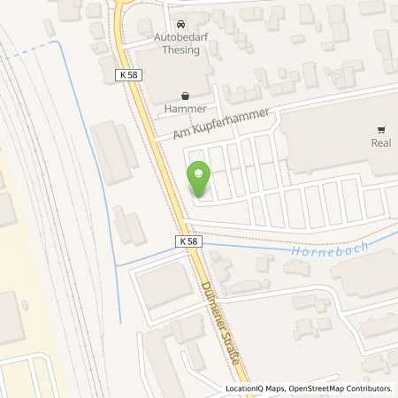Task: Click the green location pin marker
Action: click(199, 180)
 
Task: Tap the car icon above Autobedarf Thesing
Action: click(181, 24)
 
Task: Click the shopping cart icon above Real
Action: click(381, 128)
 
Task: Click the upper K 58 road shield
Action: click(130, 78)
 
